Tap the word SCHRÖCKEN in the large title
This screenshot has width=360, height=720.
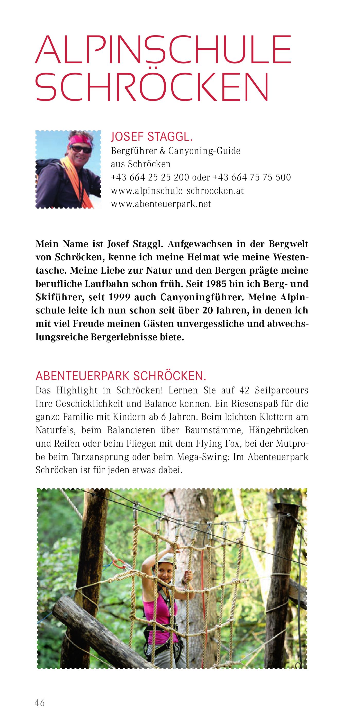[152, 87]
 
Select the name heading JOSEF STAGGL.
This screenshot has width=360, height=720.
[152, 137]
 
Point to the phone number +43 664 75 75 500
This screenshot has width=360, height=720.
[252, 177]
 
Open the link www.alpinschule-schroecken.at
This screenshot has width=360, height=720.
[177, 191]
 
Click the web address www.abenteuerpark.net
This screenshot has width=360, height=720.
[161, 204]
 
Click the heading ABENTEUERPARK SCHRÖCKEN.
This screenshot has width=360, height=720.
[121, 376]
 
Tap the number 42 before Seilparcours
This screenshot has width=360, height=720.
[244, 390]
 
